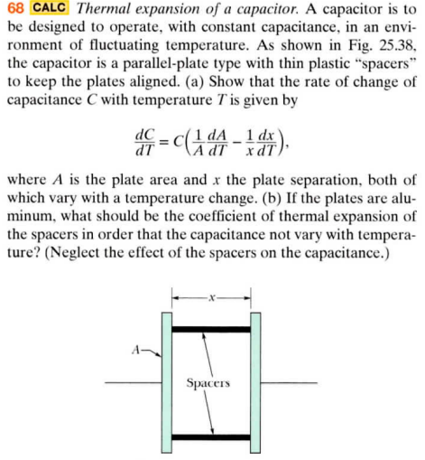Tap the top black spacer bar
pos(210,329)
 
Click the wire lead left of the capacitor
pos(131,383)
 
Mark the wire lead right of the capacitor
pos(289,383)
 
